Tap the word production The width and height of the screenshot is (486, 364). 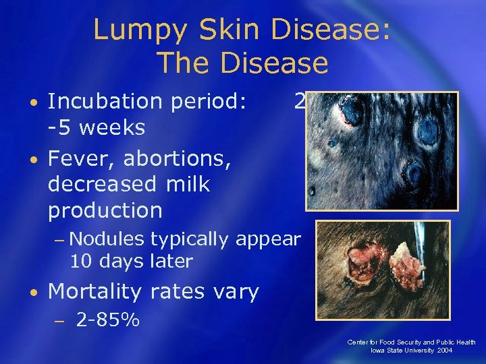(x=105, y=210)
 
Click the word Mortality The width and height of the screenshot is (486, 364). (x=96, y=292)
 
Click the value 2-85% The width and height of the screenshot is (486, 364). (x=108, y=320)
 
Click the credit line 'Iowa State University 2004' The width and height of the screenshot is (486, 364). (x=412, y=351)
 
